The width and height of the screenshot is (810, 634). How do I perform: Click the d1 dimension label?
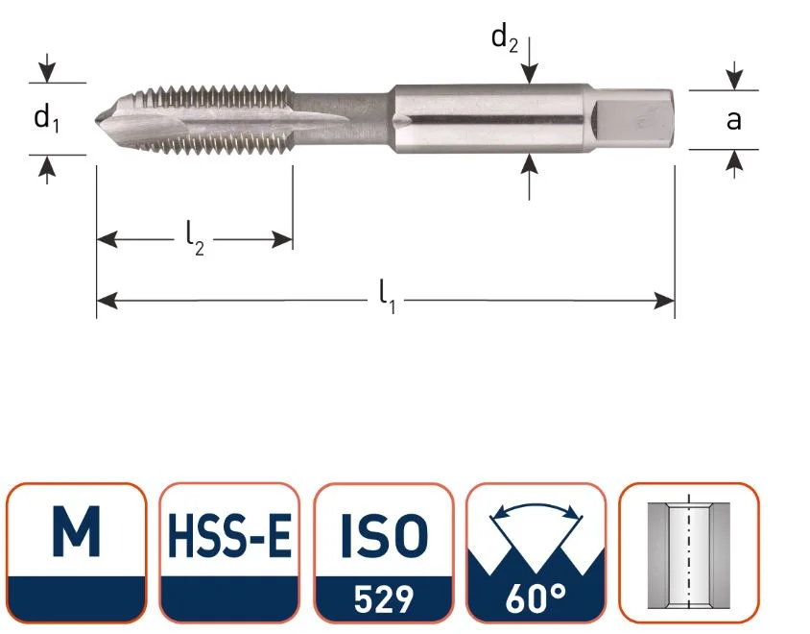pos(46,119)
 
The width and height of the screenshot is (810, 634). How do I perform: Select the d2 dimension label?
pos(504,38)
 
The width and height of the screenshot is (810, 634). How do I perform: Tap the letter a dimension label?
pos(733,120)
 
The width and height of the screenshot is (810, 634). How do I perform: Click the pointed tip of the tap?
pos(97,120)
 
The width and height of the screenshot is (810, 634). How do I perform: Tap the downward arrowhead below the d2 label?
pos(529,73)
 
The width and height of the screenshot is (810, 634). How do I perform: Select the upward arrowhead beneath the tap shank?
pos(529,164)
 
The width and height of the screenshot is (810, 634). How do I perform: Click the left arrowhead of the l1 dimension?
pos(107,301)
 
